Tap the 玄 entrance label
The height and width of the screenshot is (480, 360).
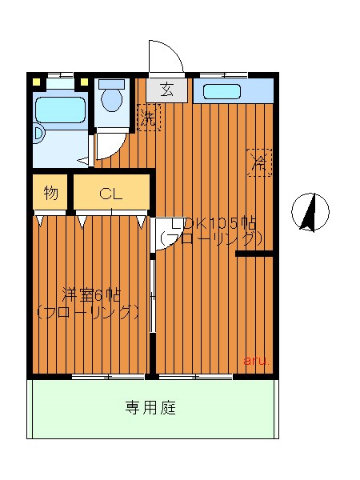click(167, 90)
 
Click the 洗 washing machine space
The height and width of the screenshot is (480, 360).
click(148, 118)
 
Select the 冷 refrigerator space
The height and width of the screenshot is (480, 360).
click(259, 162)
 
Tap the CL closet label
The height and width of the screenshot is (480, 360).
click(111, 193)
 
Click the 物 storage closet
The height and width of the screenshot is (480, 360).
click(50, 193)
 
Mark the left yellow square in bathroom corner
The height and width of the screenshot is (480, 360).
click(36, 80)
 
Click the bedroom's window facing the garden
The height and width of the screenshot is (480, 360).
click(107, 376)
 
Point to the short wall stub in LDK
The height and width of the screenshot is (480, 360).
click(255, 254)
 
